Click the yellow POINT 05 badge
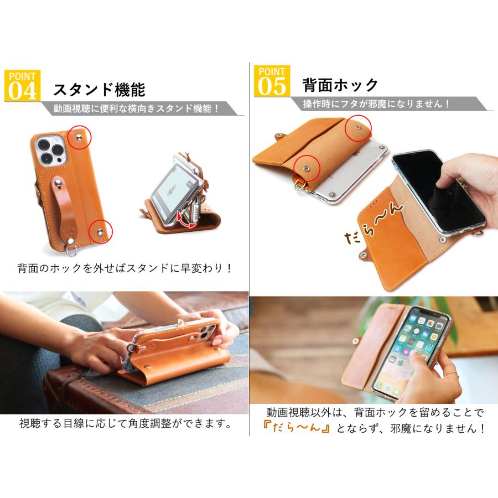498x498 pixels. pyautogui.click(x=272, y=81)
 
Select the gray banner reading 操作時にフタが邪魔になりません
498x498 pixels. pyautogui.click(x=376, y=104)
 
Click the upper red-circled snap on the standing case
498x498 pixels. pyautogui.click(x=81, y=137)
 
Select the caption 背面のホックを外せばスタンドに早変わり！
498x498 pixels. pyautogui.click(x=125, y=269)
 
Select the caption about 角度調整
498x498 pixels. pyautogui.click(x=125, y=424)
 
